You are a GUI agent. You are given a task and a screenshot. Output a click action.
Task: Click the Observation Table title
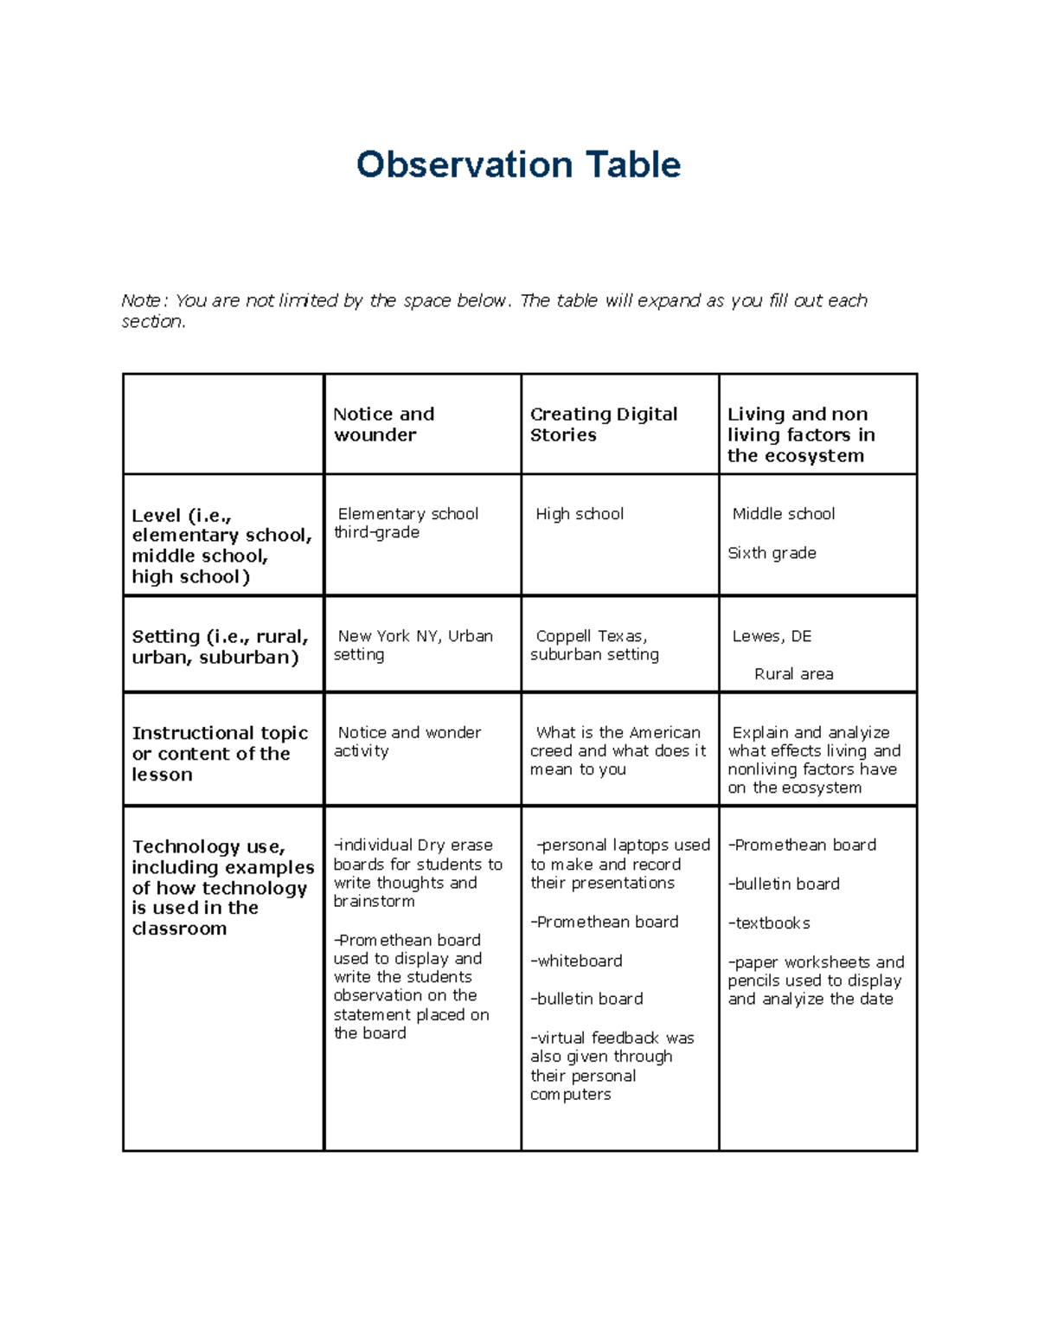point(518,164)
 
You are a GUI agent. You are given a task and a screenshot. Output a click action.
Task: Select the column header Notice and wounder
point(384,424)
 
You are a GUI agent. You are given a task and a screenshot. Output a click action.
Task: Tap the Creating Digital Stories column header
point(603,424)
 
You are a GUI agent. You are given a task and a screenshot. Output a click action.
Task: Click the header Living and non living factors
point(801,434)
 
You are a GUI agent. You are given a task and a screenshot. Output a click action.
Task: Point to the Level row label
point(221,545)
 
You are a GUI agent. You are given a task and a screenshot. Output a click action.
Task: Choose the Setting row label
point(220,646)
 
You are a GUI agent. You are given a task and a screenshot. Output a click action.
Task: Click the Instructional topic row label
point(220,753)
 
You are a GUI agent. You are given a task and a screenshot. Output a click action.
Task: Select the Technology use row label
point(222,887)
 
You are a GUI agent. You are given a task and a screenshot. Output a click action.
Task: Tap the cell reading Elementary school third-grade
point(407,523)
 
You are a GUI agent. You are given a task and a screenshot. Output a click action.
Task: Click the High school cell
point(580,514)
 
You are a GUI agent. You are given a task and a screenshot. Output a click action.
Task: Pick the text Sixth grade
point(772,553)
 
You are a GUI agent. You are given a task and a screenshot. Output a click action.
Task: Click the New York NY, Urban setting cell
point(413,645)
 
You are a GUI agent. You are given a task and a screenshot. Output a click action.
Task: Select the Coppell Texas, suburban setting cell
point(594,645)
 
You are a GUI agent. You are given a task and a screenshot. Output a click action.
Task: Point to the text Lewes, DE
point(772,636)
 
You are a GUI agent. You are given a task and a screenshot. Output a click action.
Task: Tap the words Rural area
point(793,674)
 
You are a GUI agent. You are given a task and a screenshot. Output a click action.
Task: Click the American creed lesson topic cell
point(618,750)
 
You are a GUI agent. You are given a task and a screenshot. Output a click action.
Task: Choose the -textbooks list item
point(769,923)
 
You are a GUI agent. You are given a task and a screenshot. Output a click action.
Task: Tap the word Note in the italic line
point(141,300)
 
